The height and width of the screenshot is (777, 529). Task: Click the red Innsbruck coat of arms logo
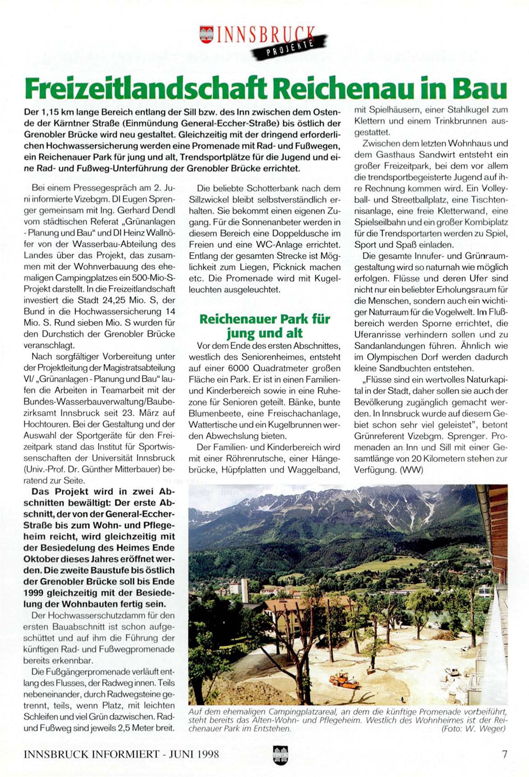point(206,34)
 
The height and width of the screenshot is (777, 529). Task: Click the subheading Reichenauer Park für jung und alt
point(264,326)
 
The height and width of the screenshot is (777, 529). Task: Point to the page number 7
point(505,754)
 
